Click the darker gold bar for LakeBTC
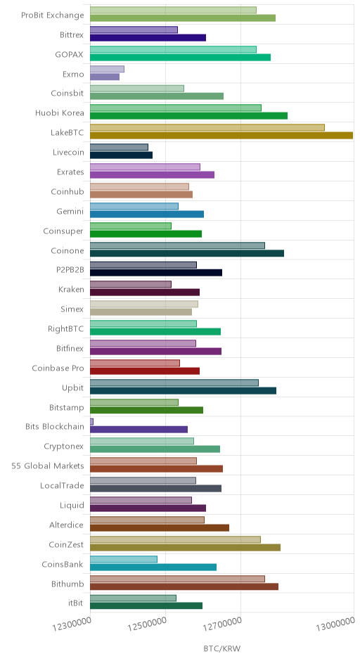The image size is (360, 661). tap(221, 135)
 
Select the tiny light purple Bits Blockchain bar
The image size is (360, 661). tap(91, 421)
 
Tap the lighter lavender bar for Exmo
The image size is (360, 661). tap(107, 69)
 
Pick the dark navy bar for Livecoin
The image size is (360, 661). tap(122, 155)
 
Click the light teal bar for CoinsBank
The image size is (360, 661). tap(124, 559)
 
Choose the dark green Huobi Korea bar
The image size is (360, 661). tap(189, 116)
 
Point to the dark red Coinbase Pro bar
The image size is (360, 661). tap(145, 371)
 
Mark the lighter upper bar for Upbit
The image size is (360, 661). tap(174, 383)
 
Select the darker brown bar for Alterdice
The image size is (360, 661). tap(160, 528)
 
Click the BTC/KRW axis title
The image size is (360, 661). tap(221, 648)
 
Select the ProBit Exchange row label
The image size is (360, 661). tap(53, 15)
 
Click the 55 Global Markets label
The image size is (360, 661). tap(48, 466)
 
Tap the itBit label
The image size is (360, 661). tap(76, 603)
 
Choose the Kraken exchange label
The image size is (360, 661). tap(71, 290)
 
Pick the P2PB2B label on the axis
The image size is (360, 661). tap(70, 270)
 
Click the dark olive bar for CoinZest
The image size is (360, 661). tap(185, 548)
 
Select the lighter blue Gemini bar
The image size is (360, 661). tap(134, 206)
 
